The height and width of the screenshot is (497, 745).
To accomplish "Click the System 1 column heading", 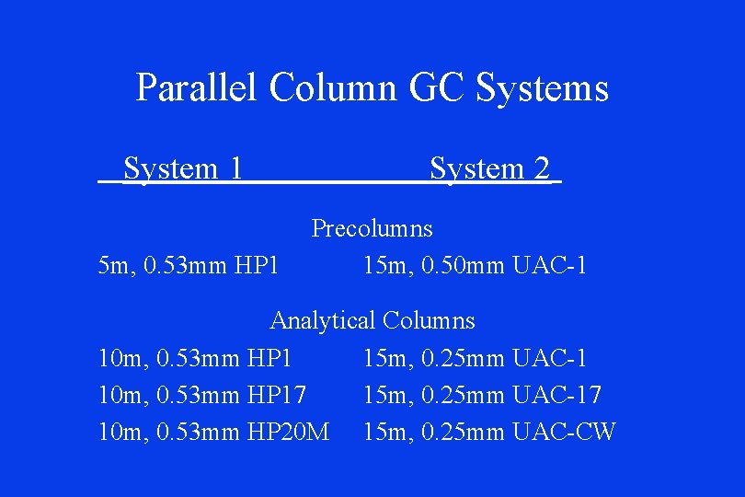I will click(x=183, y=168).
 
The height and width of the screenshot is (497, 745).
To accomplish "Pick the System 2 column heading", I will click(x=489, y=168).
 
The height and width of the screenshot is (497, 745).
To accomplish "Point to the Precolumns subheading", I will click(x=372, y=227).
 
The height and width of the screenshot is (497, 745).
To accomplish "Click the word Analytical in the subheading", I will click(x=322, y=320).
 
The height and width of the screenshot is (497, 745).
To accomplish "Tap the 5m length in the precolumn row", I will click(x=116, y=266).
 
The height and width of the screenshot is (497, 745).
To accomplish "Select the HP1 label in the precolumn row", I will click(x=256, y=266).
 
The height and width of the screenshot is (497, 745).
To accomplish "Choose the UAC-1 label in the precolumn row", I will click(x=549, y=266).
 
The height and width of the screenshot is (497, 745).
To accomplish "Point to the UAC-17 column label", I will click(x=556, y=395).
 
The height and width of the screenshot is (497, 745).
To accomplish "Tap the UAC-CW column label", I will click(x=564, y=431).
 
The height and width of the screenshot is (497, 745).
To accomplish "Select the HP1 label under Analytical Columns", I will click(x=269, y=358).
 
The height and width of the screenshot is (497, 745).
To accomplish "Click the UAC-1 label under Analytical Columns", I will click(x=549, y=358).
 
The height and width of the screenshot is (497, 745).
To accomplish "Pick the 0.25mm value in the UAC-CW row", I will click(x=464, y=431).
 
